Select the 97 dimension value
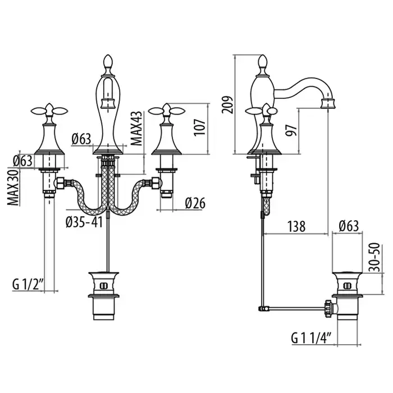(291, 130)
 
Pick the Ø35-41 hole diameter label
(84, 222)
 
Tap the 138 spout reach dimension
(296, 226)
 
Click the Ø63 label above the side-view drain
(349, 226)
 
